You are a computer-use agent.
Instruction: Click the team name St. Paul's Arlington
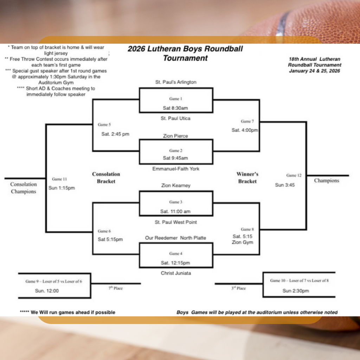pyautogui.click(x=176, y=82)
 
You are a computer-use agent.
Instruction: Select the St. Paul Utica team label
pyautogui.click(x=175, y=118)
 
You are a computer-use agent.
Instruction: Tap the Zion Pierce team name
pyautogui.click(x=175, y=136)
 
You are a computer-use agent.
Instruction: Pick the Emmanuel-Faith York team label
pyautogui.click(x=175, y=169)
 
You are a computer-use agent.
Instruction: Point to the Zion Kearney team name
pyautogui.click(x=175, y=185)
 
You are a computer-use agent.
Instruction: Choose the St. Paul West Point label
pyautogui.click(x=175, y=222)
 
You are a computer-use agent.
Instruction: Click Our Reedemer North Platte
pyautogui.click(x=175, y=238)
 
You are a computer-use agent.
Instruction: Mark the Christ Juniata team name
pyautogui.click(x=175, y=273)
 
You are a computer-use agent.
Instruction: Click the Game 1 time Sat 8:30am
pyautogui.click(x=175, y=108)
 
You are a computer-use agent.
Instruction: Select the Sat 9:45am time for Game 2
pyautogui.click(x=175, y=158)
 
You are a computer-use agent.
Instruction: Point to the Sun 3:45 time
pyautogui.click(x=284, y=185)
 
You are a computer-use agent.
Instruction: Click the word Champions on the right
pyautogui.click(x=327, y=181)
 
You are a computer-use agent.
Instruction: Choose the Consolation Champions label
pyautogui.click(x=24, y=188)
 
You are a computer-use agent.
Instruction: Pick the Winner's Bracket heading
pyautogui.click(x=247, y=178)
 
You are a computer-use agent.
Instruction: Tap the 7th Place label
pyautogui.click(x=116, y=288)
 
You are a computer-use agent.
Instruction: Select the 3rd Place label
pyautogui.click(x=239, y=288)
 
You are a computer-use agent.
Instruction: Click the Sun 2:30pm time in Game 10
pyautogui.click(x=296, y=291)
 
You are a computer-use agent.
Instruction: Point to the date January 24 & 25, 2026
pyautogui.click(x=314, y=71)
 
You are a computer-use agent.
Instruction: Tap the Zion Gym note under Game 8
pyautogui.click(x=242, y=243)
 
